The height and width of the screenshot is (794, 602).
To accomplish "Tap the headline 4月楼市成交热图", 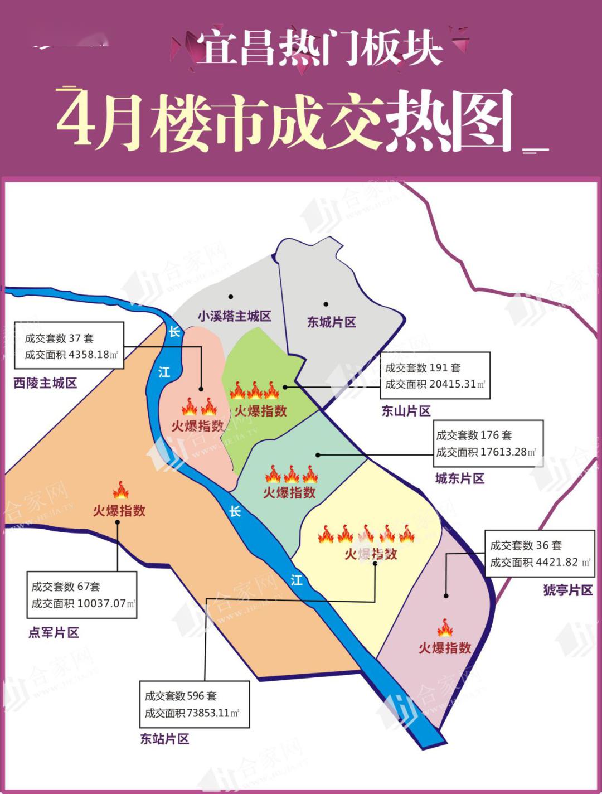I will (284, 121).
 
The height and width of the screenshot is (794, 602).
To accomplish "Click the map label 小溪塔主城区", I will (234, 316).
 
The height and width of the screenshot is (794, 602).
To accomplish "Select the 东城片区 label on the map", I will (331, 322).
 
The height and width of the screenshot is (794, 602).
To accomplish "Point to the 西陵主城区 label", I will (45, 383).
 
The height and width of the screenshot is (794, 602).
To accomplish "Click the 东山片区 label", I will (406, 411).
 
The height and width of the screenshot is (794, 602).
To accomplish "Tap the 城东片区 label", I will (459, 478).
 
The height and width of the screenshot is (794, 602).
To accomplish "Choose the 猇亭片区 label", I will (567, 590).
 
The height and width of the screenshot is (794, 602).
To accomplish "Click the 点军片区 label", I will (54, 632).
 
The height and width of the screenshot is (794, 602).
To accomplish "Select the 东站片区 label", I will (164, 739).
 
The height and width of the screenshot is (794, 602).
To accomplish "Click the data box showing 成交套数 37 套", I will (69, 346).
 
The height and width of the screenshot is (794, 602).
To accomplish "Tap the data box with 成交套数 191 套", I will (435, 375).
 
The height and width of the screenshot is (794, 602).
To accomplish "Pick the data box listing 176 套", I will (488, 443).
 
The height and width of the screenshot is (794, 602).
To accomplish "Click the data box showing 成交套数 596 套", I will (193, 704).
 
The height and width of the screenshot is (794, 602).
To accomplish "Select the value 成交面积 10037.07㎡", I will (83, 603).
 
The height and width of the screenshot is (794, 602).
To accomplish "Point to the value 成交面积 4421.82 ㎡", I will (539, 562).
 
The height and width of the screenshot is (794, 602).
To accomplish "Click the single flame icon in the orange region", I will (120, 490).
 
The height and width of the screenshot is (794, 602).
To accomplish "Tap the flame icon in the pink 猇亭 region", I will (444, 628).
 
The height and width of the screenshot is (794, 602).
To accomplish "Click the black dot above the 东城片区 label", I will (326, 304).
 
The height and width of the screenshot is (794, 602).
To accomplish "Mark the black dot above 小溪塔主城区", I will (231, 297).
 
